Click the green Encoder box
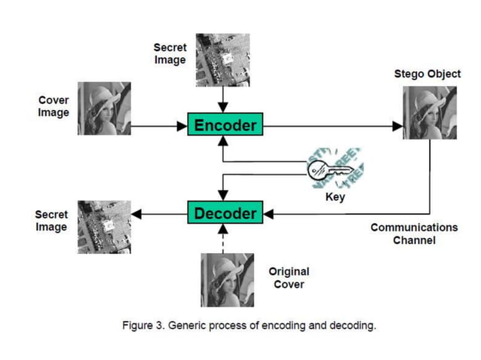click(225, 125)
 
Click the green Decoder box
click(225, 213)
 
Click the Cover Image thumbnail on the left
click(104, 108)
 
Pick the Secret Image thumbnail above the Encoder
click(222, 59)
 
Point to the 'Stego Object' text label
click(427, 74)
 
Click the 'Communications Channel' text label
click(414, 233)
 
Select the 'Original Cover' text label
click(289, 278)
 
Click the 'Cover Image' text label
click(54, 107)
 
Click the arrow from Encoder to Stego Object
click(332, 126)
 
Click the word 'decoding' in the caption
click(352, 325)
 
